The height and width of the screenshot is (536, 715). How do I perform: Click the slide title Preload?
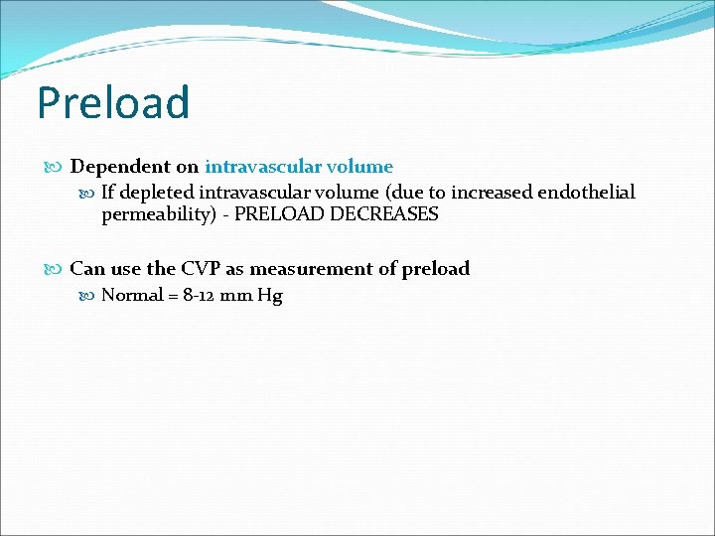[x=112, y=103]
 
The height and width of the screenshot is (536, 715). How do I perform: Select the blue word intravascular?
[x=261, y=167]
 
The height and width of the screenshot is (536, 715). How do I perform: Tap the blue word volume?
[x=357, y=167]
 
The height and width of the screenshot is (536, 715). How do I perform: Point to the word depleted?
[x=157, y=193]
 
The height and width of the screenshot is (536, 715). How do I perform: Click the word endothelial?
[x=583, y=193]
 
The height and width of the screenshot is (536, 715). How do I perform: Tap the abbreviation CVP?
[x=202, y=268]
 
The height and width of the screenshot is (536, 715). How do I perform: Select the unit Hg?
[x=269, y=296]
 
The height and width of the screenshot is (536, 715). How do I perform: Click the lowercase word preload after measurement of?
[x=436, y=269]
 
